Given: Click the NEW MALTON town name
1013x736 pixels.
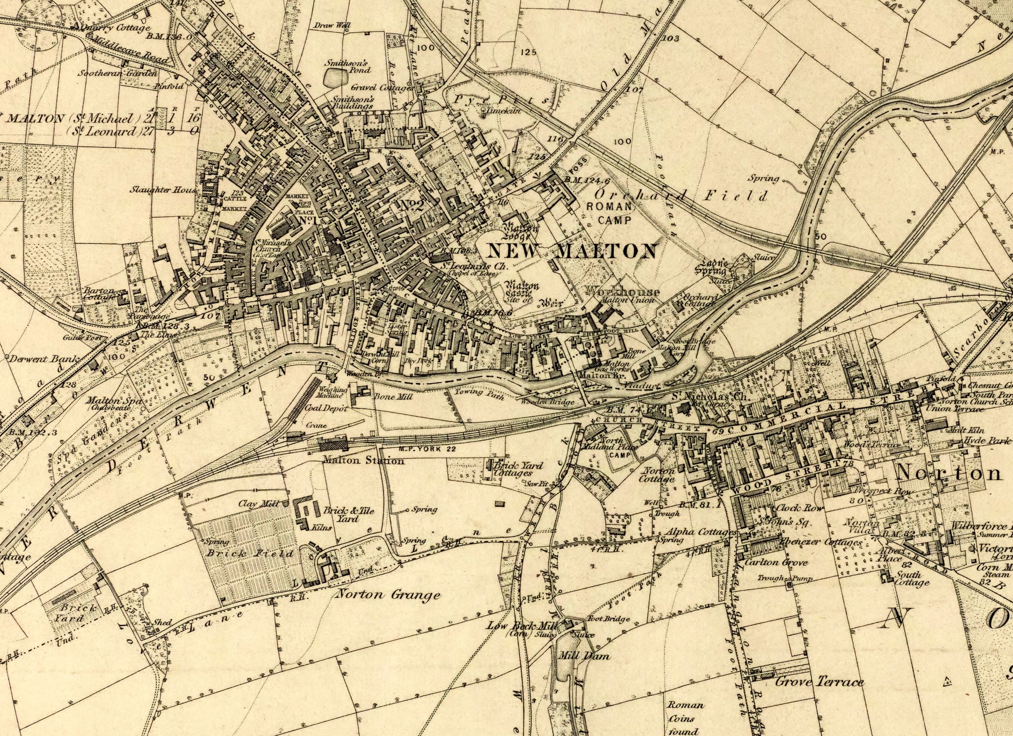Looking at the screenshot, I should [571, 251].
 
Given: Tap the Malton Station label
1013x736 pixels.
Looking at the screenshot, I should [363, 460].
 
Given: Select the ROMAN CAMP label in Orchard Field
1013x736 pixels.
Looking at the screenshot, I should [608, 213].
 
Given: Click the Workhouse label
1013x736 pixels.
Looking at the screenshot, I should [622, 291].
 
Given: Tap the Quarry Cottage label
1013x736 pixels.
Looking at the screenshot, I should [119, 28].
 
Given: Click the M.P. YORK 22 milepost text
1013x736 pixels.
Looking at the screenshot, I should [426, 449].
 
